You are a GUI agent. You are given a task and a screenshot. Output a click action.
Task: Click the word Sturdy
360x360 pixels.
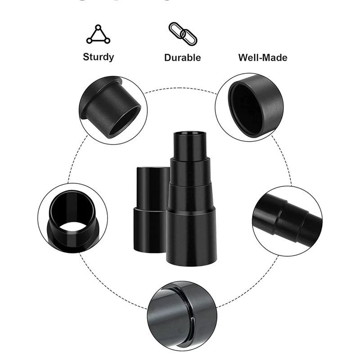(x=98, y=57)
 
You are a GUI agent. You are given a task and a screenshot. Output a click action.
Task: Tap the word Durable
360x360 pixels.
(x=182, y=58)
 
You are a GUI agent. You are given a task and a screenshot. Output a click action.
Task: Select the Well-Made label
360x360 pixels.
(x=262, y=58)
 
